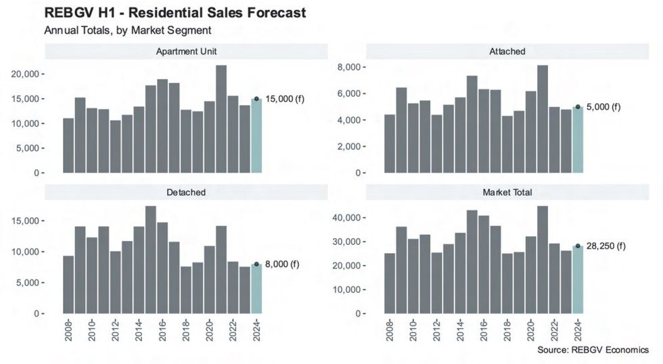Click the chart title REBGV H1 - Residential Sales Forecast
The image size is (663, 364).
coord(175,13)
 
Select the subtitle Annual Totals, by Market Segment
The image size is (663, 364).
coord(128,30)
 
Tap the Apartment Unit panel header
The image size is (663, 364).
coord(186,51)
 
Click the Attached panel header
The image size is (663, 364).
coord(507,51)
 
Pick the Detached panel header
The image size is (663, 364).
coord(186,192)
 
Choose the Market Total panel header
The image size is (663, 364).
coord(507,192)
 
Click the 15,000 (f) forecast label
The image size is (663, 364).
coord(284,99)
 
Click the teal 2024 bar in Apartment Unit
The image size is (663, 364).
coord(256,136)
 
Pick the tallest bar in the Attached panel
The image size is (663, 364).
coord(543,119)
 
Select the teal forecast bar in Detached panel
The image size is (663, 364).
coord(256,289)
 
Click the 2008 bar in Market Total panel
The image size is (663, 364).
coord(390,283)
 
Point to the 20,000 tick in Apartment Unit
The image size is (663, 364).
coord(27,74)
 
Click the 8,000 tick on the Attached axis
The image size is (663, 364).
coord(352,68)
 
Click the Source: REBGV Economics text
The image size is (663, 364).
coord(593,350)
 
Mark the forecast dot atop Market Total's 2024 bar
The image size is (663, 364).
coord(578,246)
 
